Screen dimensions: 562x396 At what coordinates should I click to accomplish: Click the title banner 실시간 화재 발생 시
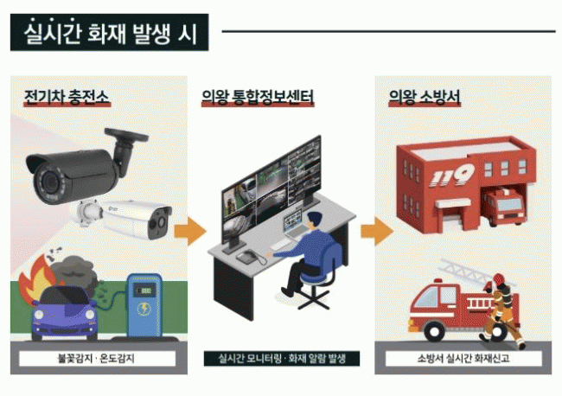[x=109, y=32]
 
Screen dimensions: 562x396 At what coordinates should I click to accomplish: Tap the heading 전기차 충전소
[x=67, y=97]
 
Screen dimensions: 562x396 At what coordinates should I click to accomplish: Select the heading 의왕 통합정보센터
[x=258, y=97]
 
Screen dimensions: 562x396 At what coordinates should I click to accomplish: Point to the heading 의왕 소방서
[x=425, y=97]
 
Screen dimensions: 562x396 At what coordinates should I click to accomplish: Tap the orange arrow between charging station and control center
[x=190, y=231]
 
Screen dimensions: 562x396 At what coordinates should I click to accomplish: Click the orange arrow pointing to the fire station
[x=377, y=231]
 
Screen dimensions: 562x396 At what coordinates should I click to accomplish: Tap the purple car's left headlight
[x=39, y=315]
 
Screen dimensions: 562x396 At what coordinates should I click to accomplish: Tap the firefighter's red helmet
[x=499, y=278]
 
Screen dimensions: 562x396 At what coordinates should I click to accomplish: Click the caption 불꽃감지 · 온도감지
[x=97, y=358]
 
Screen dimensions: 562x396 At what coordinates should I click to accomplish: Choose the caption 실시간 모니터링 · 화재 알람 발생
[x=282, y=358]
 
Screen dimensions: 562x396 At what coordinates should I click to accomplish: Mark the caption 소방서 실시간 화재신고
[x=463, y=358]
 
